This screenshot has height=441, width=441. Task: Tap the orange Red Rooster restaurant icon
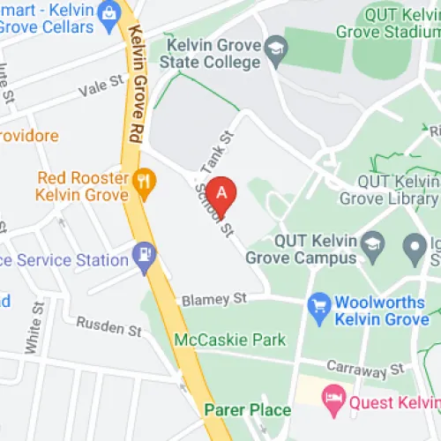(x=145, y=183)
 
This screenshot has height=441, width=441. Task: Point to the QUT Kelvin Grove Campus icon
(x=375, y=243)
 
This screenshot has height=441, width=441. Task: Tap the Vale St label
(x=103, y=86)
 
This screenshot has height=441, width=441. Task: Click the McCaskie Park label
(x=230, y=340)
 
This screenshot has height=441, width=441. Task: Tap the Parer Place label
(x=247, y=409)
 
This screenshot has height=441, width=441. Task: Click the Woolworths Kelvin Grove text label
(x=381, y=310)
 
